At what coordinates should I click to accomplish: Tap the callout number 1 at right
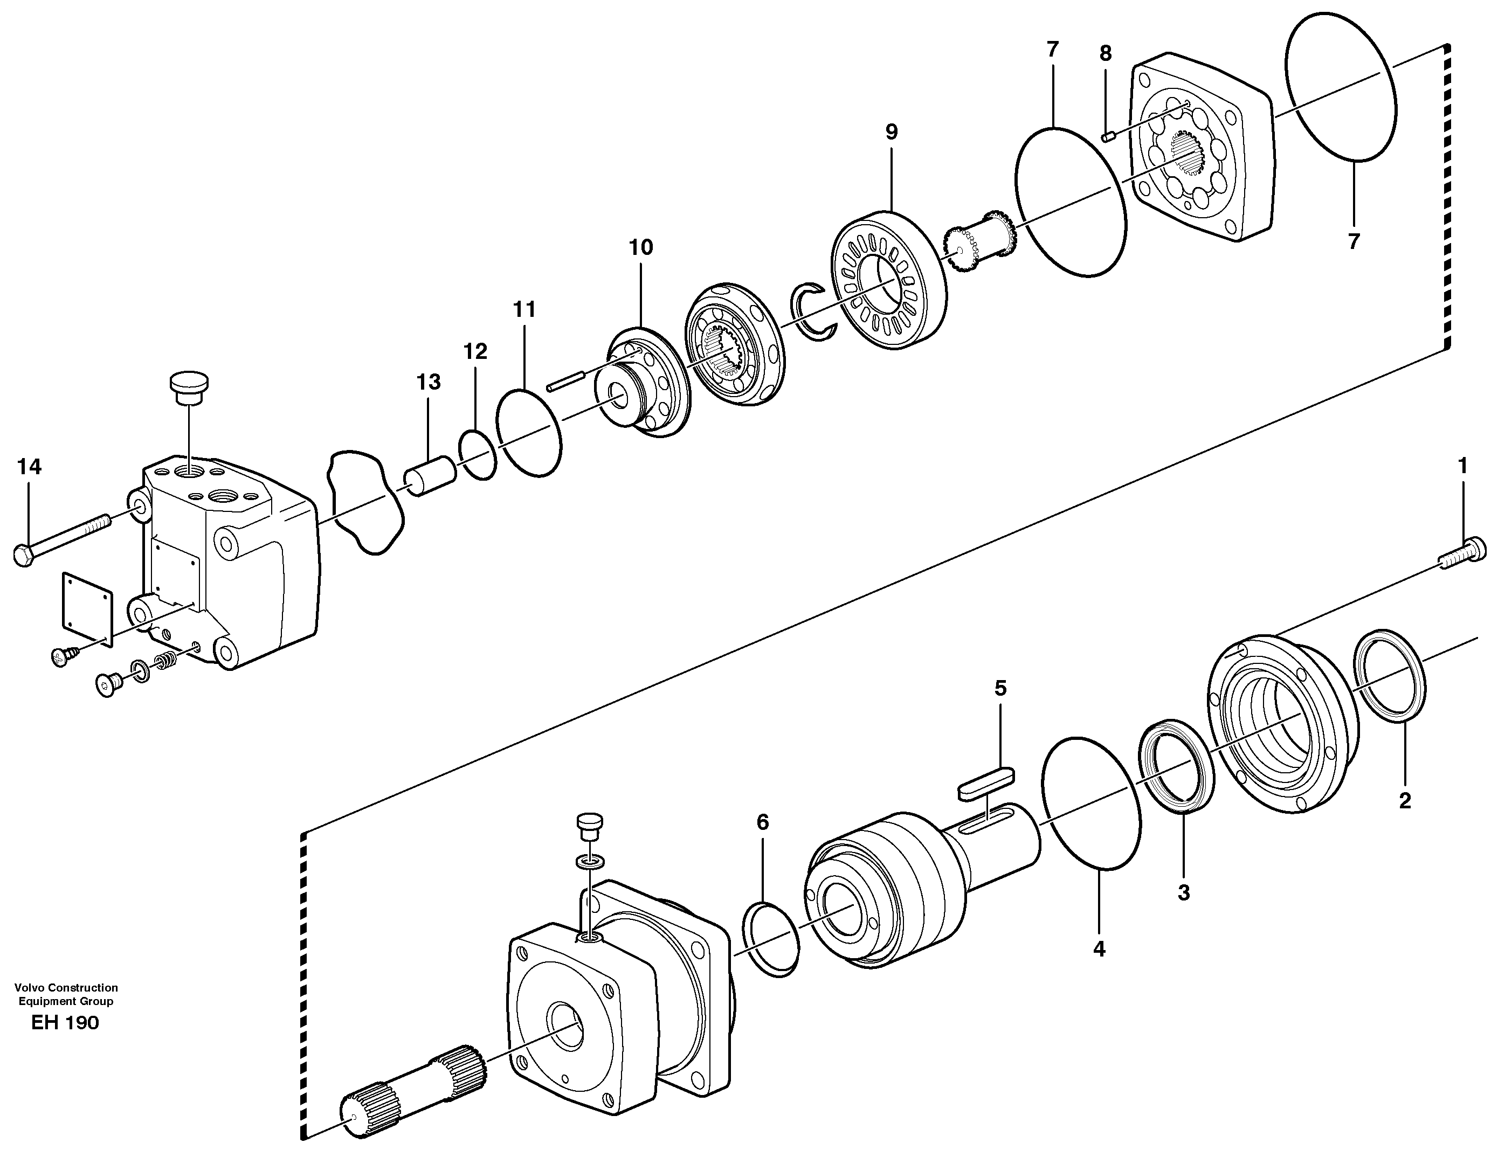tap(1462, 466)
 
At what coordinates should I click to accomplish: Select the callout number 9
tap(891, 133)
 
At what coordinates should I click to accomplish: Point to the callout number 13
tap(429, 383)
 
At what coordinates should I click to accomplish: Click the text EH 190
tap(65, 1023)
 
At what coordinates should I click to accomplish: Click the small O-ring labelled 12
tap(478, 455)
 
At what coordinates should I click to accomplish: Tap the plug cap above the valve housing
tap(189, 389)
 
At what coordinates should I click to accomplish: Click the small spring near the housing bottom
tap(164, 662)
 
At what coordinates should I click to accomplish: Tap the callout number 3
tap(1183, 893)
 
